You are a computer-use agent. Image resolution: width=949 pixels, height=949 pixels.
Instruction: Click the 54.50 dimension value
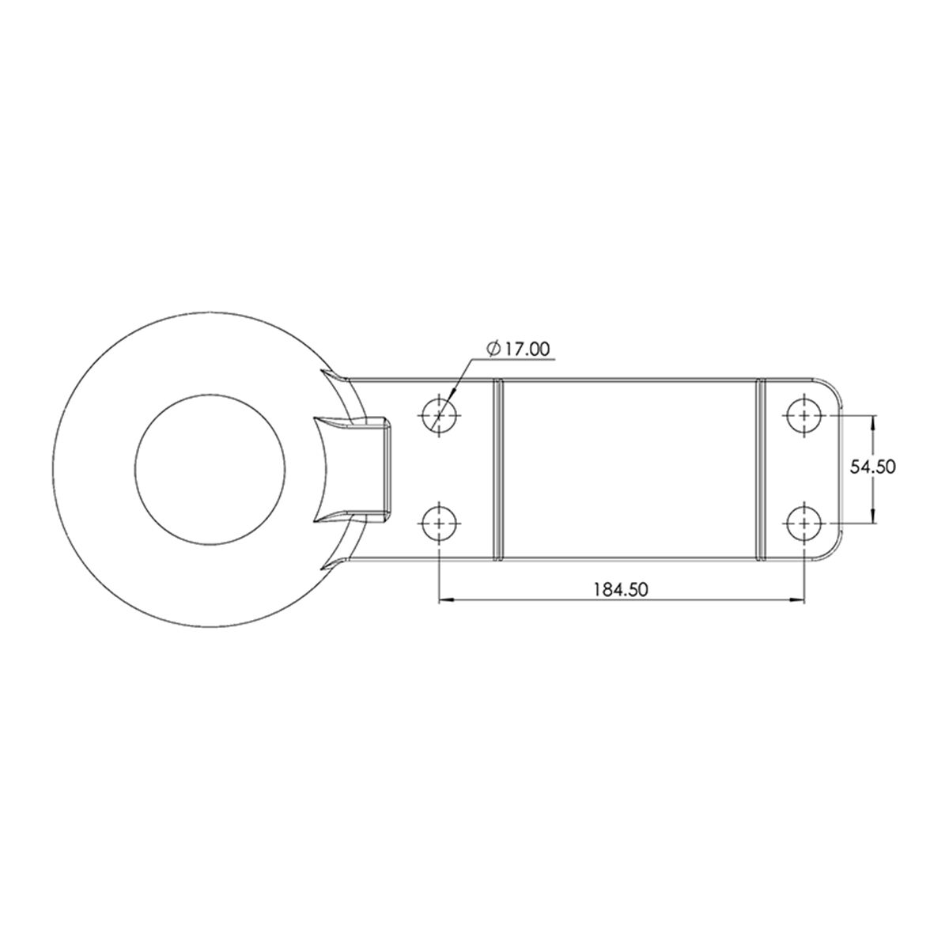click(x=871, y=467)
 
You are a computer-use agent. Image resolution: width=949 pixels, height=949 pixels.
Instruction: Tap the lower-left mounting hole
click(x=438, y=523)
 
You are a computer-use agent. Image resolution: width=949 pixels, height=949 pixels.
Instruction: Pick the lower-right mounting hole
click(x=804, y=523)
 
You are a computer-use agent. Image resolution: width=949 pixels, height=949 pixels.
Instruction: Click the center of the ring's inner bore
click(x=210, y=468)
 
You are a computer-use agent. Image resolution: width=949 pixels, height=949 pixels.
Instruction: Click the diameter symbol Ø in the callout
click(x=493, y=349)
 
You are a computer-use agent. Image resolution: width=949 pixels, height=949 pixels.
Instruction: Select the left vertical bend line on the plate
click(x=498, y=468)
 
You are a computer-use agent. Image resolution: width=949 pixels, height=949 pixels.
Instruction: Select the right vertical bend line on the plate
click(x=761, y=468)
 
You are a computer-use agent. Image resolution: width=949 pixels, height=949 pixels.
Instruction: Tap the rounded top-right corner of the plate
click(x=832, y=387)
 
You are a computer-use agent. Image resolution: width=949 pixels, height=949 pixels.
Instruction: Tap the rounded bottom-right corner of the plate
click(x=832, y=550)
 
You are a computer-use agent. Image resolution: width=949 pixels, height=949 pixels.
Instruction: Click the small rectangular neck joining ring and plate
click(x=372, y=468)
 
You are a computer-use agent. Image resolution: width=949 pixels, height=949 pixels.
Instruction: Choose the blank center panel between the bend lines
click(x=629, y=468)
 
